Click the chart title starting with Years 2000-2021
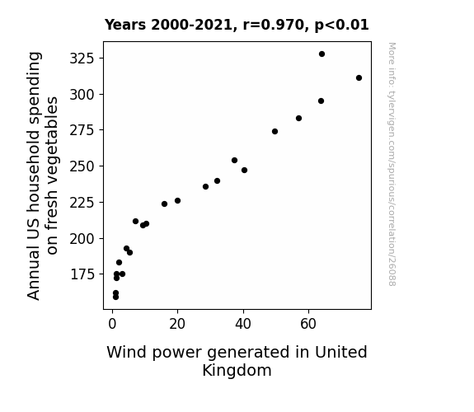point(237,25)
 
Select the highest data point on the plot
point(321,54)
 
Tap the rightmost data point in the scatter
point(359,78)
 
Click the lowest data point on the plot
point(115,297)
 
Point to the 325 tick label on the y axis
point(82,59)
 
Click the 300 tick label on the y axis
point(82,95)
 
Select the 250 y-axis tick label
point(82,166)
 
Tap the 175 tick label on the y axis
point(82,274)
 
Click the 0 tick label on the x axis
point(112,324)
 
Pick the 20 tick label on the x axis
point(177,324)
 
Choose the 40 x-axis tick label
point(242,324)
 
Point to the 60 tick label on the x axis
point(308,324)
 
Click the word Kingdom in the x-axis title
point(237,371)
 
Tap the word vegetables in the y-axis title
point(51,176)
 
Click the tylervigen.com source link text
point(392,164)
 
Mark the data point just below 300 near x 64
point(321,101)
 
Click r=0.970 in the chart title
point(274,25)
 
